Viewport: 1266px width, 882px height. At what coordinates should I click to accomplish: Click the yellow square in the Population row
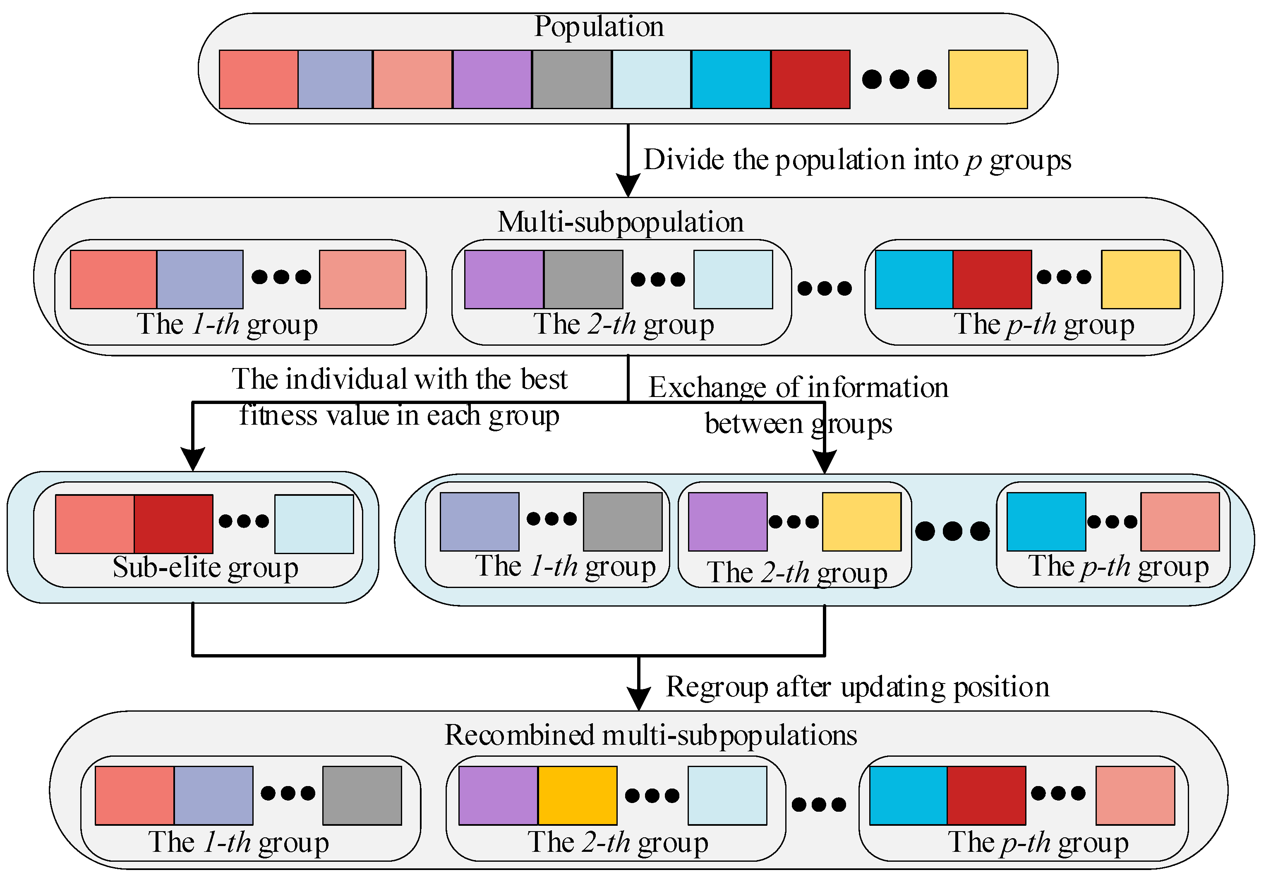point(988,79)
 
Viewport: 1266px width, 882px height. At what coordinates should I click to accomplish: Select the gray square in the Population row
point(572,79)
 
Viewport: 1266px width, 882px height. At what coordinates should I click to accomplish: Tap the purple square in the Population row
point(492,79)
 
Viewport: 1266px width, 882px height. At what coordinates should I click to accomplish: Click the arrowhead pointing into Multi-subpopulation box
point(628,186)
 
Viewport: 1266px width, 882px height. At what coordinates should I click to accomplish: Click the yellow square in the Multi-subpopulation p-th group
point(1140,280)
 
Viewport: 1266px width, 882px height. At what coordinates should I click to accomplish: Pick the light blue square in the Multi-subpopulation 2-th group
point(733,280)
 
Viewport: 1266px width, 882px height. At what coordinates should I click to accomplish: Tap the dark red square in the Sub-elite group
point(174,523)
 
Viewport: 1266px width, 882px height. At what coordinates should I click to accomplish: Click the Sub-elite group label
point(205,567)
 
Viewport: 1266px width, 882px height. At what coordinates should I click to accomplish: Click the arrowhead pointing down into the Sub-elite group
point(193,459)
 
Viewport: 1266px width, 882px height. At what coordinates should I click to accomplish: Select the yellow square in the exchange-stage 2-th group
point(861,521)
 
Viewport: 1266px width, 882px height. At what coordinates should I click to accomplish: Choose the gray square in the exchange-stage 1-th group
point(623,521)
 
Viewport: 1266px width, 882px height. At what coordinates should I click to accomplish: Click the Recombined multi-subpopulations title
point(651,735)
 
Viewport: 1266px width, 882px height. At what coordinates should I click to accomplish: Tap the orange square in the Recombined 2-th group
point(577,796)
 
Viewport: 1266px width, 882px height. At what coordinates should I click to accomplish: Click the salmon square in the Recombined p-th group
point(1135,796)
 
